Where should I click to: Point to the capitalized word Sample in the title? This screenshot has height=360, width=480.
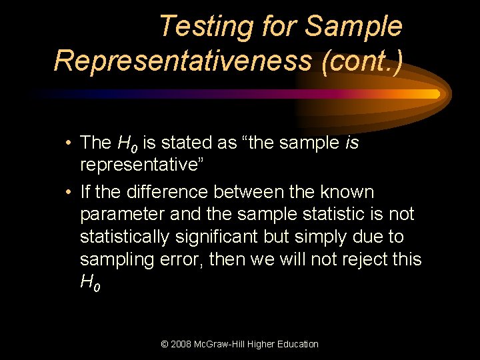353,27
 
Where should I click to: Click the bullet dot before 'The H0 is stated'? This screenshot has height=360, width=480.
69,143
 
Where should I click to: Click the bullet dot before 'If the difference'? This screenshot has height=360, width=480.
69,193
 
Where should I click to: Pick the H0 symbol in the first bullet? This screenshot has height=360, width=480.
126,143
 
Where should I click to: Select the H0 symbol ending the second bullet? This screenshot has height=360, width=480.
90,283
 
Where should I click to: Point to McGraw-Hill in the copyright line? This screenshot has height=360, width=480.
228,344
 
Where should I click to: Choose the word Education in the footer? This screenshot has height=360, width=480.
294,344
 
